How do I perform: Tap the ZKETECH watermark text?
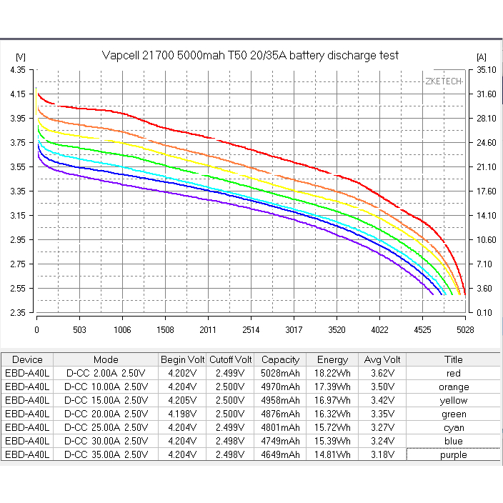pyautogui.click(x=443, y=81)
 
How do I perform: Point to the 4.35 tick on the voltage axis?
pyautogui.click(x=19, y=70)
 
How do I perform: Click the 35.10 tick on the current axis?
pyautogui.click(x=485, y=70)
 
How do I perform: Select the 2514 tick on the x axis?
pyautogui.click(x=251, y=330)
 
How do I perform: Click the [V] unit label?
pyautogui.click(x=20, y=56)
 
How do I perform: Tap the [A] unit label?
pyautogui.click(x=481, y=56)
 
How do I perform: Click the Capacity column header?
pyautogui.click(x=280, y=359)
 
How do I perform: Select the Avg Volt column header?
pyautogui.click(x=382, y=359)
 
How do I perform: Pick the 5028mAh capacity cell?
pyautogui.click(x=280, y=373)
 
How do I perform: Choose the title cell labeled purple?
pyautogui.click(x=453, y=454)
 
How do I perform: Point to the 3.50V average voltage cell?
pyautogui.click(x=382, y=387)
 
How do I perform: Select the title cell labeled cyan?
pyautogui.click(x=453, y=427)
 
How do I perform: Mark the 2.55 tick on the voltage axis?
pyautogui.click(x=19, y=289)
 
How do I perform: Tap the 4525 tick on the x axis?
pyautogui.click(x=422, y=330)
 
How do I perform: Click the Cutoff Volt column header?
pyautogui.click(x=230, y=359)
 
